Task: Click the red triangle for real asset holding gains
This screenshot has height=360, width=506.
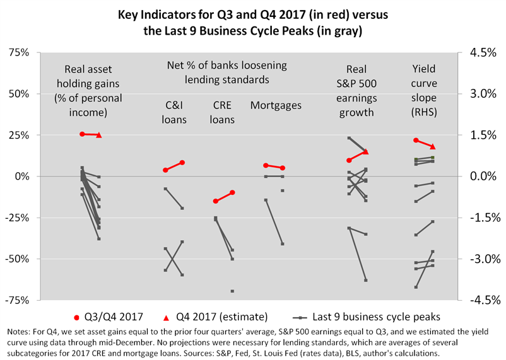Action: (99, 135)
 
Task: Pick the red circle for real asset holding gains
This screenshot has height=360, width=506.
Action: (82, 134)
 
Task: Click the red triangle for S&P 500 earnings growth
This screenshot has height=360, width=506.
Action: (366, 152)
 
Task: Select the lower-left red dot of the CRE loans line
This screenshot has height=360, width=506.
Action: (216, 201)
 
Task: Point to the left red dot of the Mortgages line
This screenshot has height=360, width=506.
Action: (266, 165)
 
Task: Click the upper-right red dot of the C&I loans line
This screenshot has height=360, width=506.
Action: (182, 162)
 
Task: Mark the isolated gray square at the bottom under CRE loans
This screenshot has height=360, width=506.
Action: (232, 291)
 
